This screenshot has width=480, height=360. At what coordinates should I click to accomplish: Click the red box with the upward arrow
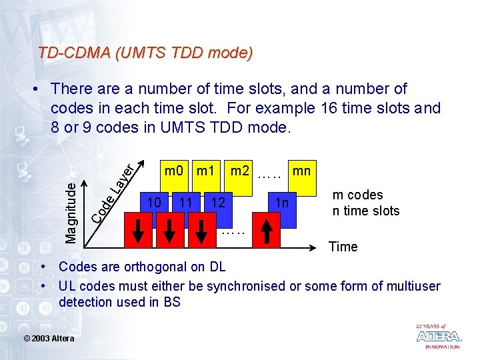pos(266,232)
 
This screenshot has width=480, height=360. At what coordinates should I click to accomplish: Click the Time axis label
pos(343,247)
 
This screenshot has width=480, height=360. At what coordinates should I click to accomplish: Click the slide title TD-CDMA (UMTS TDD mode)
pos(145,53)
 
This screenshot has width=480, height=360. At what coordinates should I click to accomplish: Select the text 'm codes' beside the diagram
pos(358,195)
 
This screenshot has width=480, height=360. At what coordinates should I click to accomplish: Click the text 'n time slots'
pos(366,211)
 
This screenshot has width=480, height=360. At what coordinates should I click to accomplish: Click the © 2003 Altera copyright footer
pos(49,339)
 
